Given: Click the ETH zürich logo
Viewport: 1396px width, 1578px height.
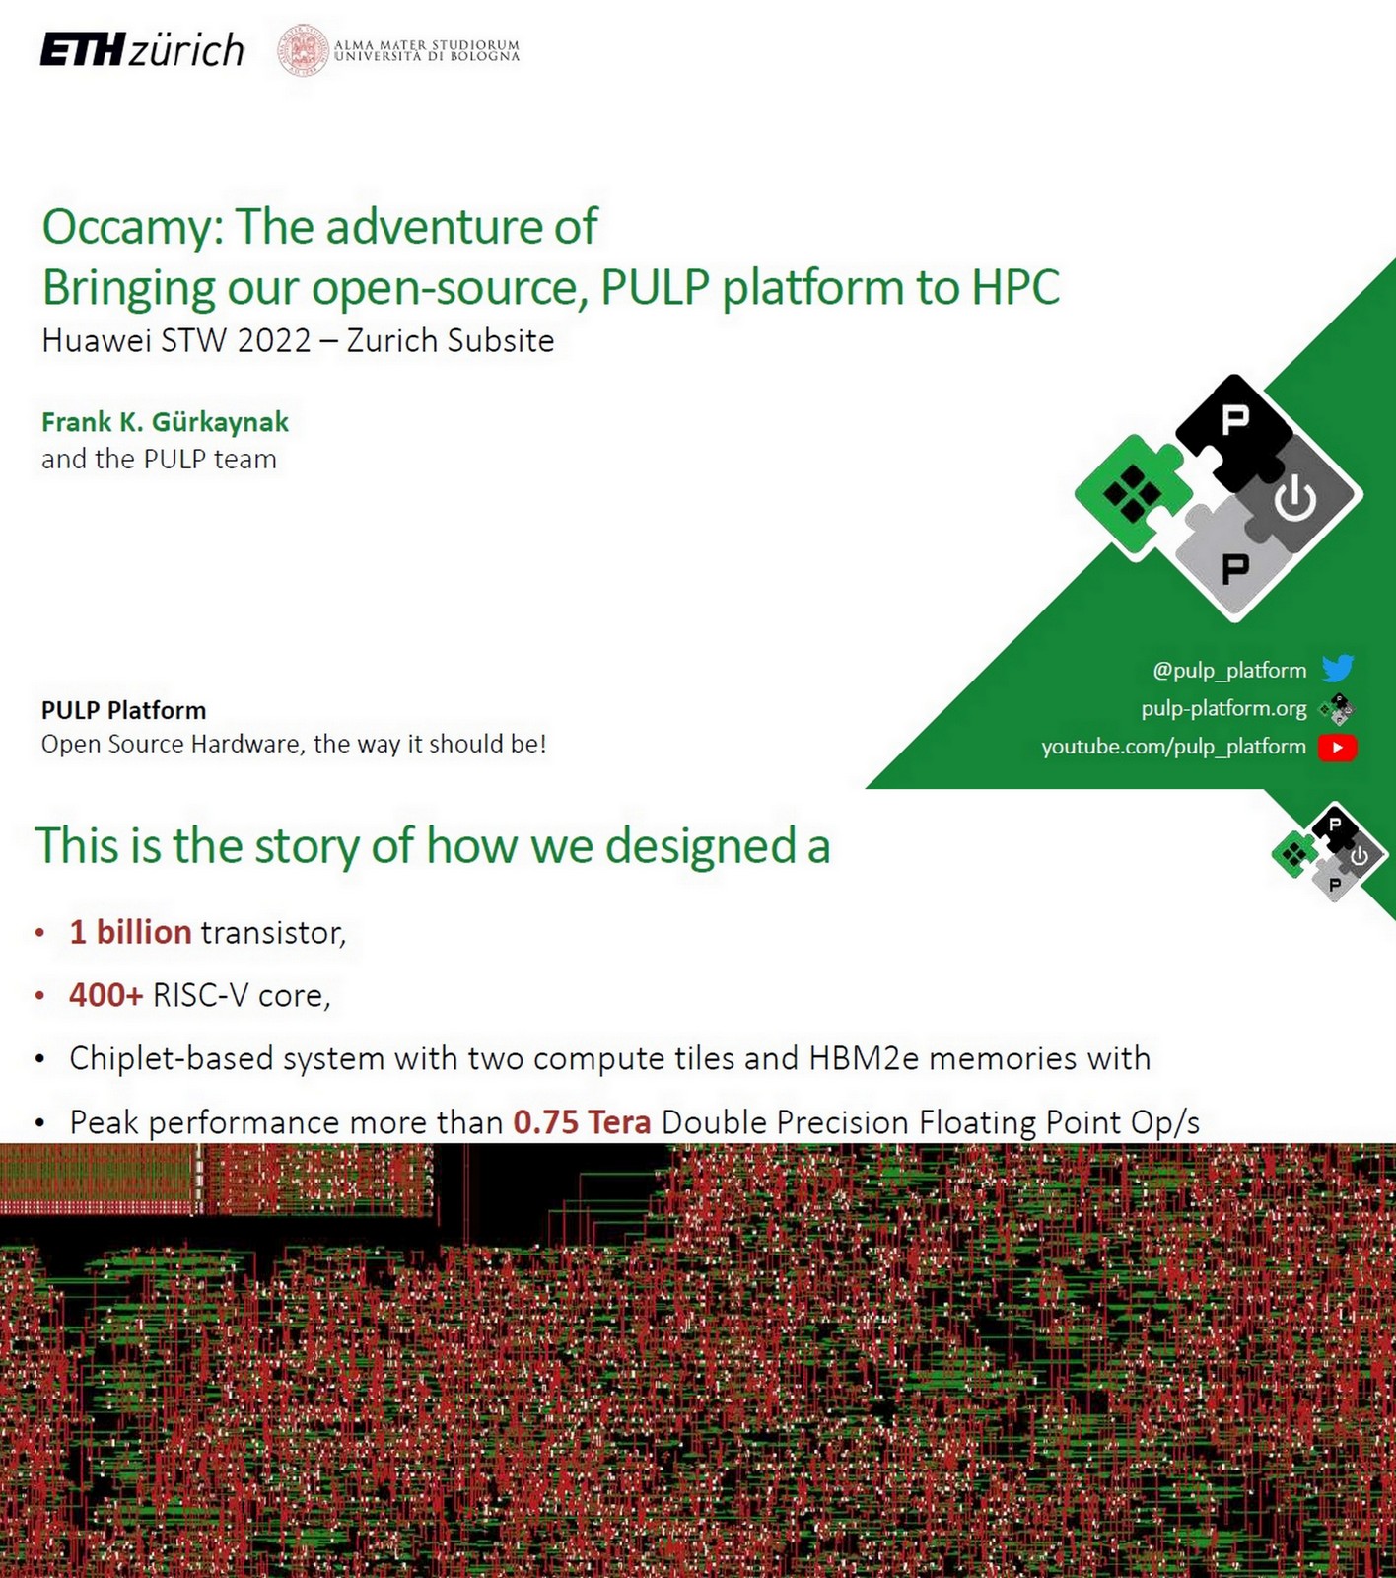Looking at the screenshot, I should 142,49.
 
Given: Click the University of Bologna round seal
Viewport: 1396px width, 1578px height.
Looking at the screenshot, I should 303,50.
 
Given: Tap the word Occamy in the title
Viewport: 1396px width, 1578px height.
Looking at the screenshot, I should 126,227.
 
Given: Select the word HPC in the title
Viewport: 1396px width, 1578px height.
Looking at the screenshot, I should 1014,288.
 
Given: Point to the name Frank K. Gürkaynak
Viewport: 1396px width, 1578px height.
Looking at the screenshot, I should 165,422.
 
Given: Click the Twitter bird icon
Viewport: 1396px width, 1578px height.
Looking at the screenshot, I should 1338,669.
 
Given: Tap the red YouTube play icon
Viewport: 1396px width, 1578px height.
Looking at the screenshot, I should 1338,748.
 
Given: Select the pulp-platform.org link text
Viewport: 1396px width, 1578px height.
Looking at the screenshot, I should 1223,708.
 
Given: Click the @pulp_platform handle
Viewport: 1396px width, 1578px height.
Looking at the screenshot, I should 1229,670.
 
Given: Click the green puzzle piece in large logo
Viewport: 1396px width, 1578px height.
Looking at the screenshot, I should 1132,493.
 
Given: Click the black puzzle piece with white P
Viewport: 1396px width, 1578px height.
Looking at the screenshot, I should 1233,424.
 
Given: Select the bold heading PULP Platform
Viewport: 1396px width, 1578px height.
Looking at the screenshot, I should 123,710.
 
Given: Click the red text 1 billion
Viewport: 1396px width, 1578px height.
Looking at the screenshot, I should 130,932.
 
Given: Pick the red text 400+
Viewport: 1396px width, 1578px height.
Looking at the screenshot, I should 105,995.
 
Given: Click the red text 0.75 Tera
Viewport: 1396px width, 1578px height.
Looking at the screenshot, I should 582,1122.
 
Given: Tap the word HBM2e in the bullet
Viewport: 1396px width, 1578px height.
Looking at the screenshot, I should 864,1058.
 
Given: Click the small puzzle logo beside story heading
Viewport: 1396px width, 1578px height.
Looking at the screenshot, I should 1330,853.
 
